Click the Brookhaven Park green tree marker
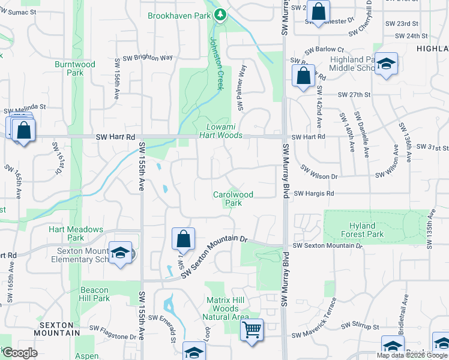pyautogui.click(x=220, y=14)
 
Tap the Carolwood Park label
pyautogui.click(x=234, y=199)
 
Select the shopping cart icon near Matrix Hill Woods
pyautogui.click(x=252, y=329)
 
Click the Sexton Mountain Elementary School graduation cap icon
pyautogui.click(x=120, y=253)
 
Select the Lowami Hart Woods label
pyautogui.click(x=224, y=131)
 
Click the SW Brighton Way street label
pyautogui.click(x=148, y=58)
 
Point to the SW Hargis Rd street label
pyautogui.click(x=313, y=194)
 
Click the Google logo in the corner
pyautogui.click(x=19, y=353)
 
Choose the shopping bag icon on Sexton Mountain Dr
pyautogui.click(x=183, y=239)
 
